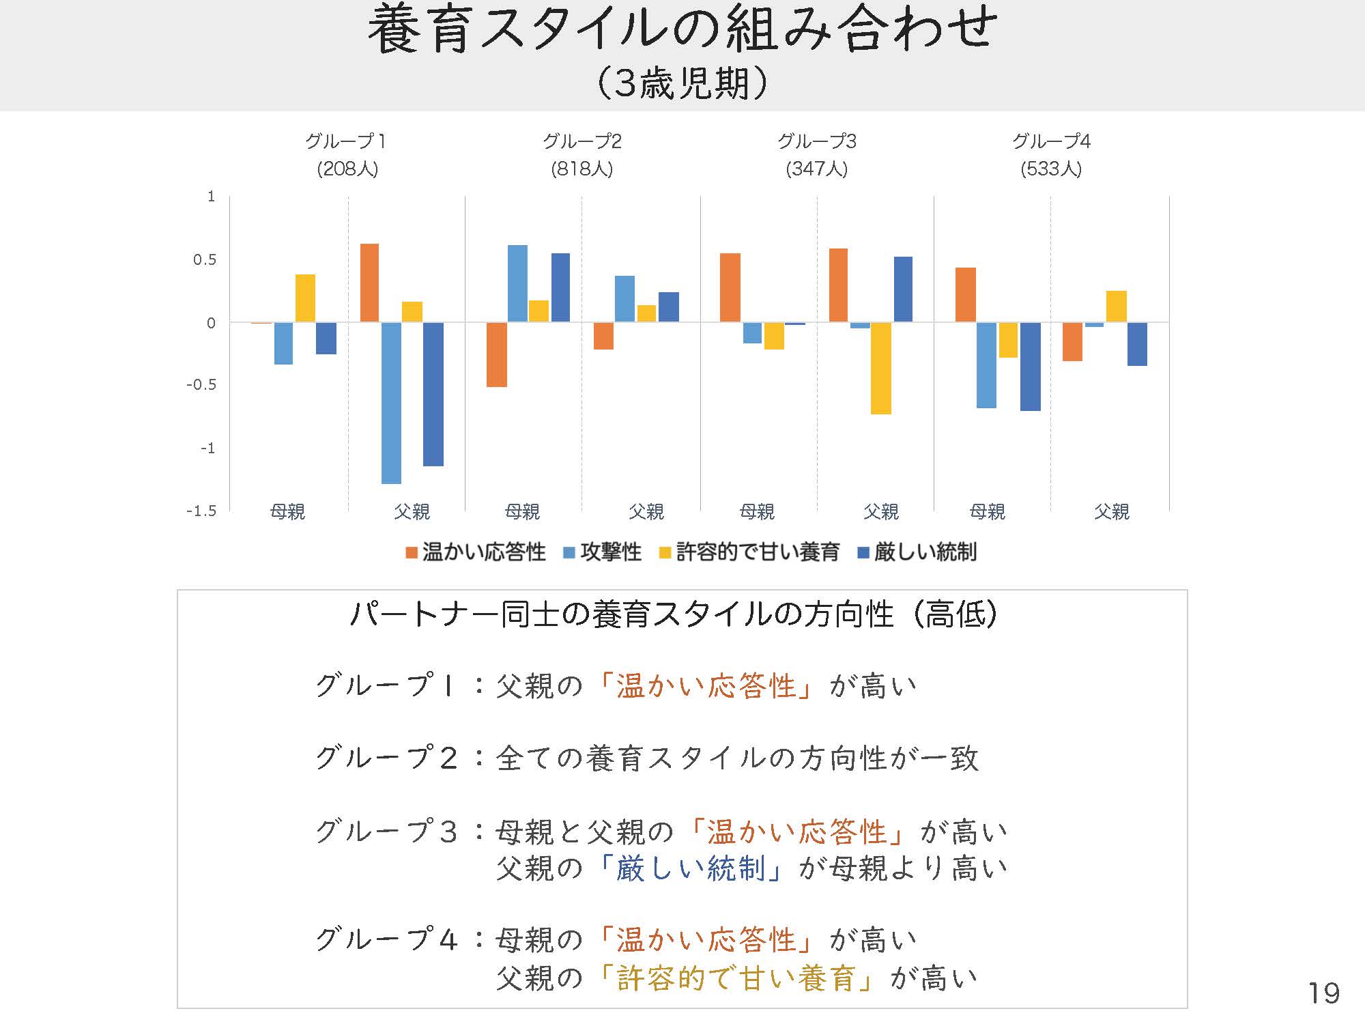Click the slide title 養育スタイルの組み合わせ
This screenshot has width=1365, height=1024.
[682, 31]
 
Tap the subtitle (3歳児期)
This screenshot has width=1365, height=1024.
[682, 84]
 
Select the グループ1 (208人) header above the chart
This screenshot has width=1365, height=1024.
[347, 155]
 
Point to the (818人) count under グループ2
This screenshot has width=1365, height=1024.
[581, 169]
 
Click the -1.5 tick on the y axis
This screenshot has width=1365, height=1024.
[201, 511]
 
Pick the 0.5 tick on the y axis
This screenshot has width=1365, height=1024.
[204, 259]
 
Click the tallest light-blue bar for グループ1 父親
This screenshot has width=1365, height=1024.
[391, 403]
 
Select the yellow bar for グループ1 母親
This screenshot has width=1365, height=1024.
[305, 298]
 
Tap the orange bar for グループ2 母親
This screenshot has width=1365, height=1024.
[497, 354]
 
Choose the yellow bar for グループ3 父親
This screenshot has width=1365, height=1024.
[880, 368]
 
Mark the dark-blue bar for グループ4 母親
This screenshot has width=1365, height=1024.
[1030, 367]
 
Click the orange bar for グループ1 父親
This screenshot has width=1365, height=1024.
[369, 283]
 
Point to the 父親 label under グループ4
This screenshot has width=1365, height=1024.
[1111, 511]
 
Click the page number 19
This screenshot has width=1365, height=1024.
[1323, 993]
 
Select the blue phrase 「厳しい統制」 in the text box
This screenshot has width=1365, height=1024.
[690, 869]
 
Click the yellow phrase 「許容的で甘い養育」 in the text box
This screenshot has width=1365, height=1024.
[736, 978]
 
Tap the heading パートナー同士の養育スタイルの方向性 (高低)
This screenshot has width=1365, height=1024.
[673, 614]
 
